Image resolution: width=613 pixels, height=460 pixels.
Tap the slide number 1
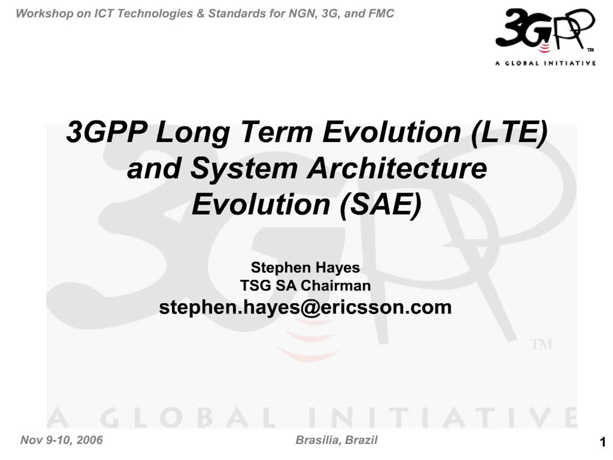602,442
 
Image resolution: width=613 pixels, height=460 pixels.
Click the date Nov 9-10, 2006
62,440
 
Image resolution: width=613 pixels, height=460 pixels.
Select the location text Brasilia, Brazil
336,440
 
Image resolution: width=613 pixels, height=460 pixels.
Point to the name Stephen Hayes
305,268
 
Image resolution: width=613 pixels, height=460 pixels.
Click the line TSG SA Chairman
305,286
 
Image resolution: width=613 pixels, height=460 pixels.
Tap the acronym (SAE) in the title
381,204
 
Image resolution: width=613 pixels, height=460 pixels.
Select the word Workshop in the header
44,14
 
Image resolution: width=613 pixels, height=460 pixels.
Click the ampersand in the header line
200,14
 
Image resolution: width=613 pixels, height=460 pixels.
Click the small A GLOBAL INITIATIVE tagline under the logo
545,63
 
